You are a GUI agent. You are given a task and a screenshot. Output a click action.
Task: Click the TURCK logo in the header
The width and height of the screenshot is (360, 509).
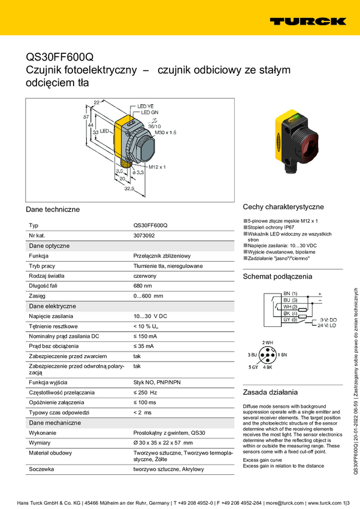[307, 21]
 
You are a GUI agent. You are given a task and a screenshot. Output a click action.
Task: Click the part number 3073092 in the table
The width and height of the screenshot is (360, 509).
[146, 235]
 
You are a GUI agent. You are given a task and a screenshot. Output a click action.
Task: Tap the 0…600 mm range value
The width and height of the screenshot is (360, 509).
[148, 296]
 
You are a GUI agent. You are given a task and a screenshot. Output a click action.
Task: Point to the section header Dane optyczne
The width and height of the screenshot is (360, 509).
[49, 246]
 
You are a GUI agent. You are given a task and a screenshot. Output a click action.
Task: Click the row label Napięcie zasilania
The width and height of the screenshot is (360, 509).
[51, 316]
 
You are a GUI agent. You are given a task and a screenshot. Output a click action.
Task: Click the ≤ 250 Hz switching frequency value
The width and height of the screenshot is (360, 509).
[145, 392]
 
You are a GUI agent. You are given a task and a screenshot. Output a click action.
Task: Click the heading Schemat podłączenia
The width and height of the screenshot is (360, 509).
[277, 277]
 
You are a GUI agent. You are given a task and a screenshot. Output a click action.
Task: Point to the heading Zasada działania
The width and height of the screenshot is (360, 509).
[270, 392]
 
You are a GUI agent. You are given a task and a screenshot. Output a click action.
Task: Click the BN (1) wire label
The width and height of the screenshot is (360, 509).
[290, 293]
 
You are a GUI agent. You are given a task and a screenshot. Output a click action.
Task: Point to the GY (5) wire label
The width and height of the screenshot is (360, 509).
[290, 319]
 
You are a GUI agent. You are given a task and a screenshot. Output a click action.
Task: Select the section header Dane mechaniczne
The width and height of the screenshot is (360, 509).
[55, 422]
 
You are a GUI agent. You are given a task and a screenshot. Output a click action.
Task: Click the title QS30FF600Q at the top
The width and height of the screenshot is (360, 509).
[59, 57]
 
